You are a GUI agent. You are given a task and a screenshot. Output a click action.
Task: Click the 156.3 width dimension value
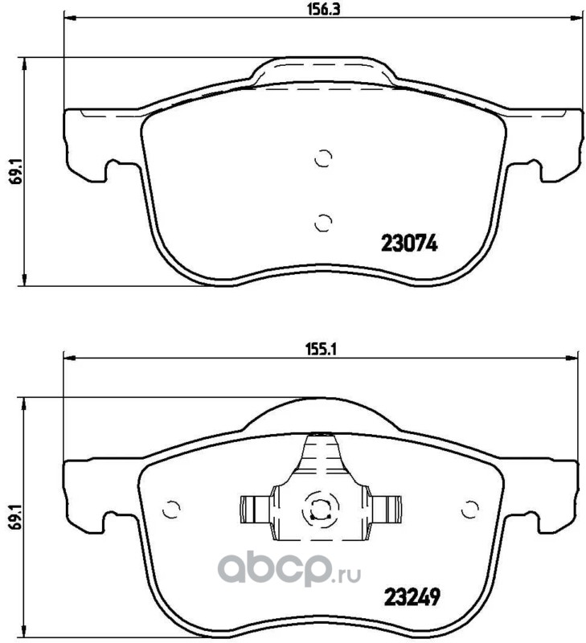(x=324, y=10)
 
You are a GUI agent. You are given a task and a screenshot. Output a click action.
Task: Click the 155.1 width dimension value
(x=322, y=350)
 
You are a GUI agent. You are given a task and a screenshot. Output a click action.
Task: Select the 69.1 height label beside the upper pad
(x=10, y=171)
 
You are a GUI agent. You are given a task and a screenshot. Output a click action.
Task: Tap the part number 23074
(x=409, y=244)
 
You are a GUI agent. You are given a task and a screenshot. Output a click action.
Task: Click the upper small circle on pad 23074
(x=323, y=158)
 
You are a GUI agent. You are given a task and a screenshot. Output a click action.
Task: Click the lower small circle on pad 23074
(x=323, y=223)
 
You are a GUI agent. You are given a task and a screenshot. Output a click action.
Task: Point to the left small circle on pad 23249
(x=171, y=510)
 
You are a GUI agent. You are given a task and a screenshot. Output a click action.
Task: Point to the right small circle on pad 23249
(x=470, y=510)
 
